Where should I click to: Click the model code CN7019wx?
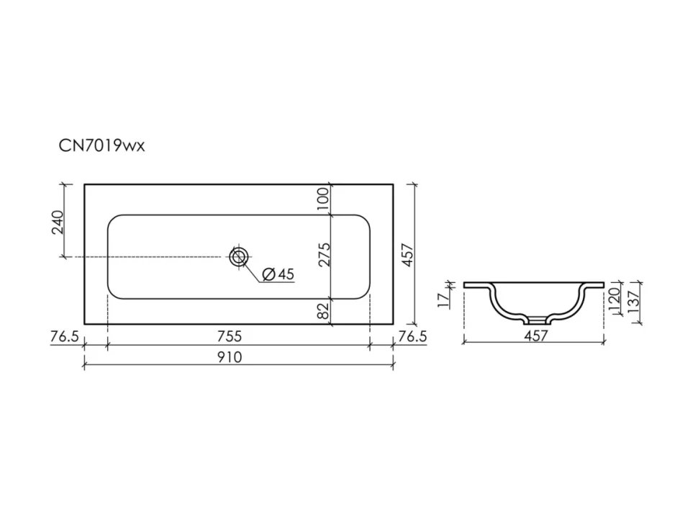pos(102,145)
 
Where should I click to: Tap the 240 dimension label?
pos(58,222)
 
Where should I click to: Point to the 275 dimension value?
pos(325,254)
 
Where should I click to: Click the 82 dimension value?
pos(324,310)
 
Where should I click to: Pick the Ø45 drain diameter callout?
pos(278,274)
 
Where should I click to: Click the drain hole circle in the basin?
pos(239,257)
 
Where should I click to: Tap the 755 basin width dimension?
pos(230,336)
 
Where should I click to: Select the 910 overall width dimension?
pos(230,357)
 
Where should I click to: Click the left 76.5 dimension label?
pos(65,337)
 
